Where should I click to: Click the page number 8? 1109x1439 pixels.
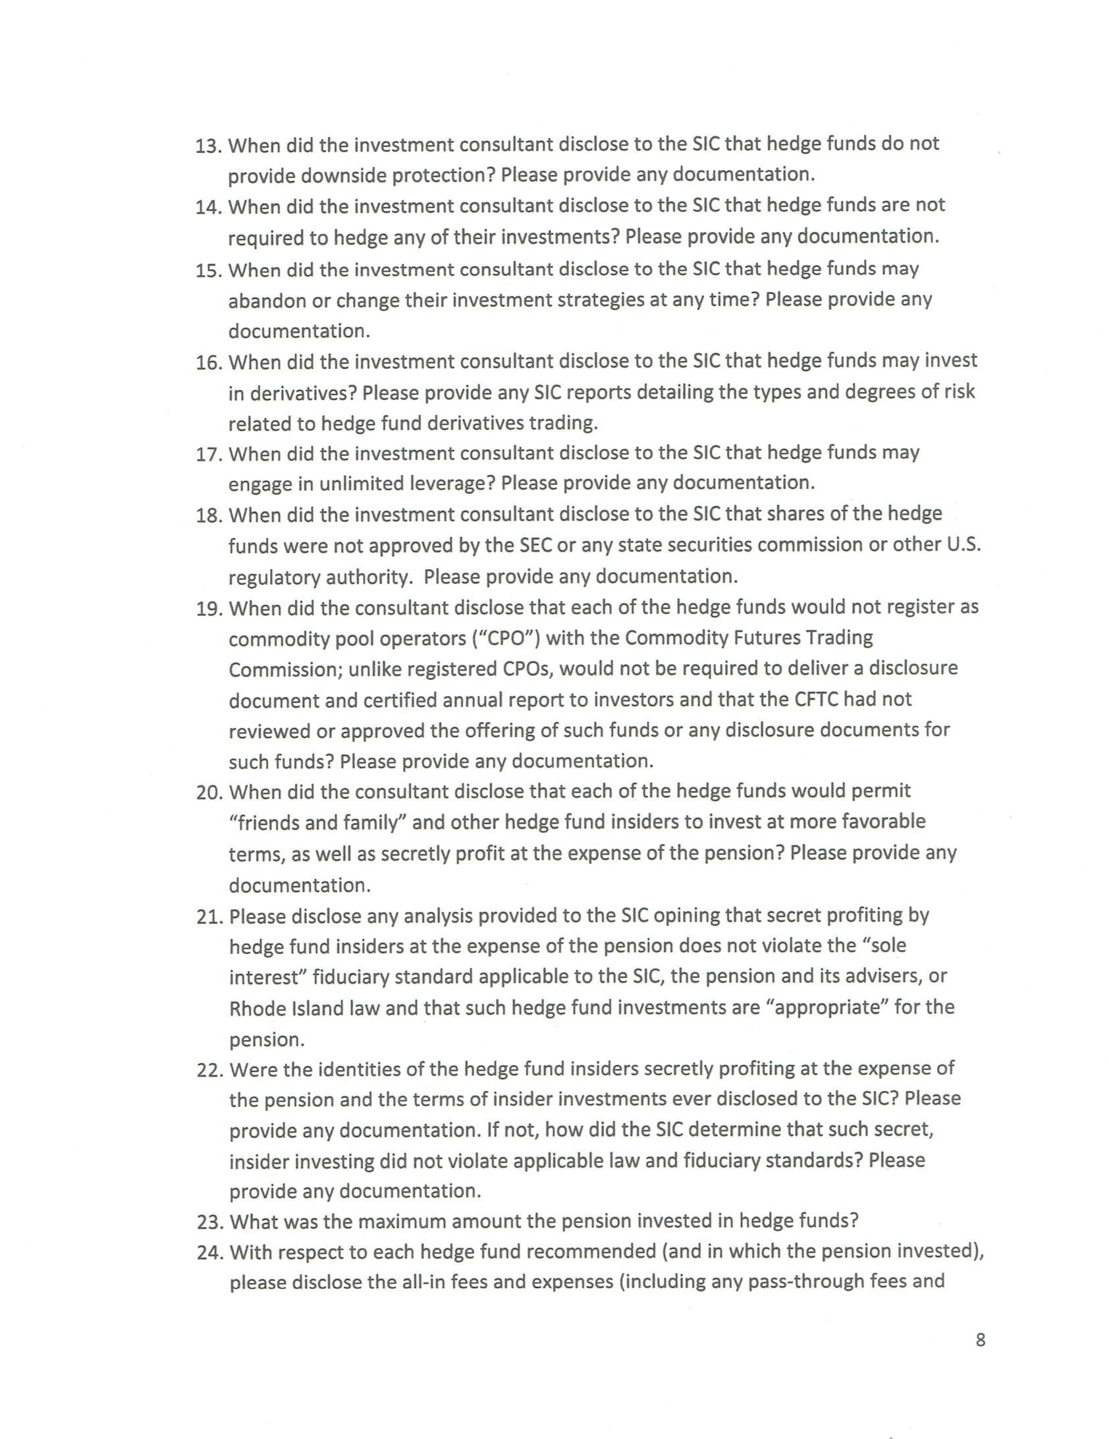(x=980, y=1340)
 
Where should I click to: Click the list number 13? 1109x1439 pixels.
(x=207, y=146)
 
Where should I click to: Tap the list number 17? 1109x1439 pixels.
(x=207, y=454)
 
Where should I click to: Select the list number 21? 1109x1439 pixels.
(x=208, y=917)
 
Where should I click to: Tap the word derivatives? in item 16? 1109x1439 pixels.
(x=300, y=393)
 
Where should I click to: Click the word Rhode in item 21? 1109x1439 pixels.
(x=259, y=1009)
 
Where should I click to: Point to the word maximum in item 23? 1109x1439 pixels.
(x=397, y=1221)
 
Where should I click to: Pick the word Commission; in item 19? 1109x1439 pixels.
(x=283, y=669)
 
